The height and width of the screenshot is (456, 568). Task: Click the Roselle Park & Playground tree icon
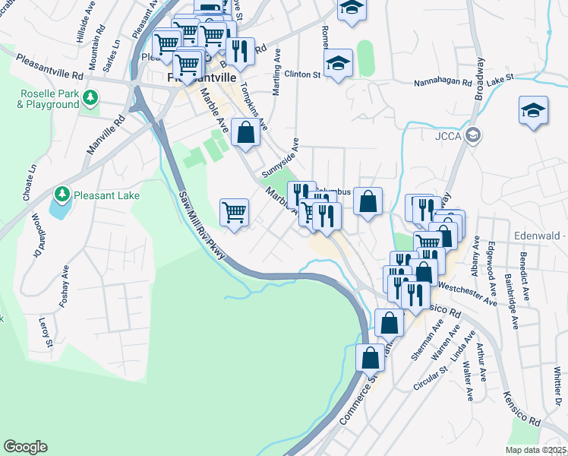point(90,97)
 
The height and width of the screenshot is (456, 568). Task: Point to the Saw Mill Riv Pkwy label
point(202,226)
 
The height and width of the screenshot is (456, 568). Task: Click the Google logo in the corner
point(25,447)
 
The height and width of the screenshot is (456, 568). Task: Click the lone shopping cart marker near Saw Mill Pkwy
point(235,212)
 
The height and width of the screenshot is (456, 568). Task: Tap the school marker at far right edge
point(533,110)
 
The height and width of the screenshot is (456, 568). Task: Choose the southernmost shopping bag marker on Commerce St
point(371,356)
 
